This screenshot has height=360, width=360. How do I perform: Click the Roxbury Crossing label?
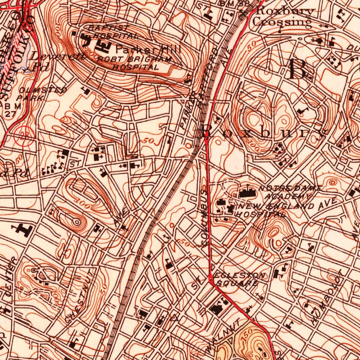click(283, 17)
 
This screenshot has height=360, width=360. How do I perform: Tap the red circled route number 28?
click(24, 136)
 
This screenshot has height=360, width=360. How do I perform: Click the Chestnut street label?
click(80, 299)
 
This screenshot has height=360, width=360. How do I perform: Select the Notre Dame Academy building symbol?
click(248, 193)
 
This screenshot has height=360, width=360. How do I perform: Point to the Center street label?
click(11, 278)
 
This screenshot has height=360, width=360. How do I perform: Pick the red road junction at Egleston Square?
click(210, 280)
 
